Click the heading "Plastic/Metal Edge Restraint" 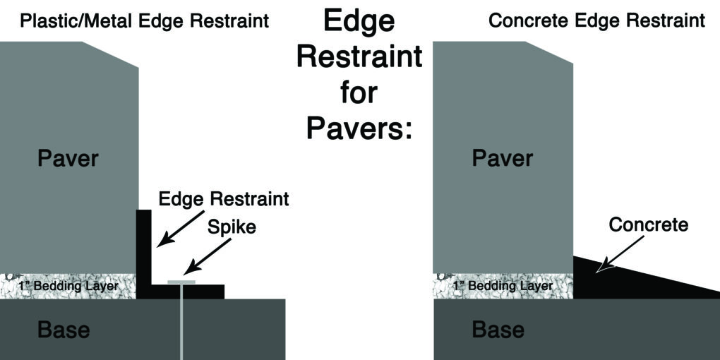tap(144, 20)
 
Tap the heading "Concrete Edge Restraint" tap(596, 20)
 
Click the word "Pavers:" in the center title tap(359, 128)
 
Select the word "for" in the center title tap(359, 92)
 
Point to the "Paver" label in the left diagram tap(68, 159)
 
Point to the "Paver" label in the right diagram tap(502, 159)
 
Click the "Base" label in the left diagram tap(64, 330)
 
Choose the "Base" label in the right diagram tap(498, 330)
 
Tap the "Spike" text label tap(232, 229)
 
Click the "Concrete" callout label tap(648, 226)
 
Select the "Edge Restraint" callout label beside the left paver tap(223, 199)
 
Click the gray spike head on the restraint tap(181, 282)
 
